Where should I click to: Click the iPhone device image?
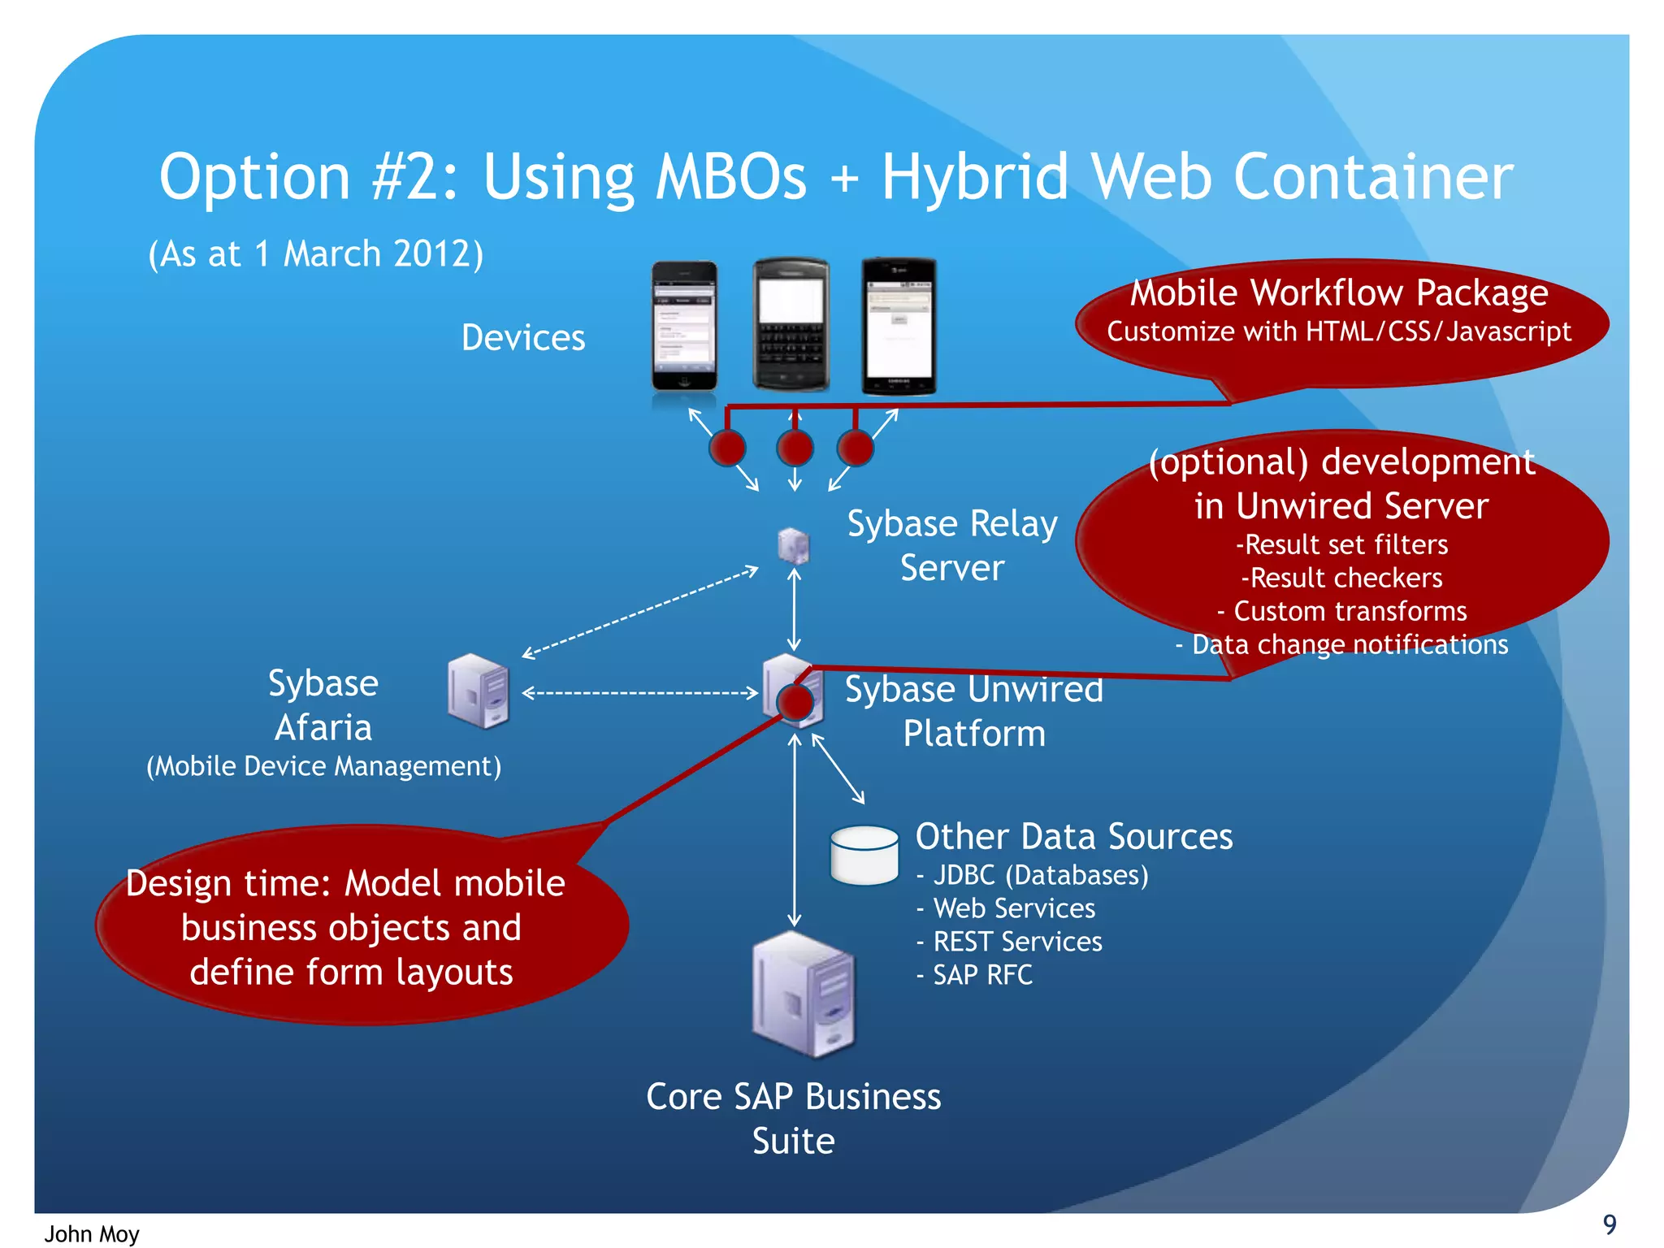pos(684,327)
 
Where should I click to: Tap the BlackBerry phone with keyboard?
pos(791,325)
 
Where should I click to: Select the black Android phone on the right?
pos(899,327)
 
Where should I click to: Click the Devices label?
pos(523,338)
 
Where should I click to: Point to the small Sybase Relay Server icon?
pos(793,545)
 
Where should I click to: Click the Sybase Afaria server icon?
pos(479,691)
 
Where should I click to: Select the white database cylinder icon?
pos(864,855)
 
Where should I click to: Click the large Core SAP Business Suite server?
pos(804,994)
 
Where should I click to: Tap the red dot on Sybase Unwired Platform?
pos(795,702)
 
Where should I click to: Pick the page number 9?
pos(1609,1224)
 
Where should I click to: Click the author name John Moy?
pos(92,1234)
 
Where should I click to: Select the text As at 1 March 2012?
pos(316,254)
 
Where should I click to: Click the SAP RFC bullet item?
pos(982,975)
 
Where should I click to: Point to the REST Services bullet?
pos(1017,942)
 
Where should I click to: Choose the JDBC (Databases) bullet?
pos(1040,875)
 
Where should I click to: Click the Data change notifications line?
pos(1349,644)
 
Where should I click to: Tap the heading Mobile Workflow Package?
pos(1339,292)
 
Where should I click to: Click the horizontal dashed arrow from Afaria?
pos(640,693)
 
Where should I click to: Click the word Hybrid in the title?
pos(975,177)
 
